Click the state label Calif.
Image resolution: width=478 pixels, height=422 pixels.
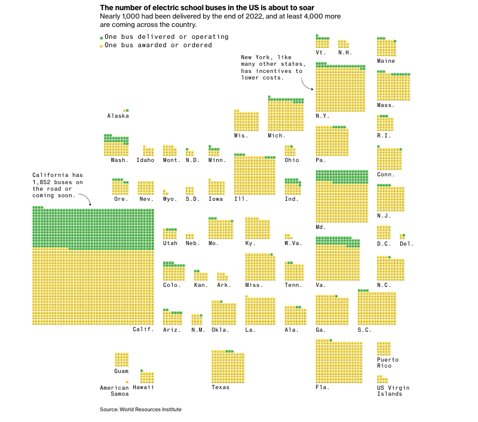(143, 329)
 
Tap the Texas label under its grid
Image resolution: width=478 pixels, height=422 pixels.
(220, 387)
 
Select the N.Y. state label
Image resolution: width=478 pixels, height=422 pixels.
(323, 116)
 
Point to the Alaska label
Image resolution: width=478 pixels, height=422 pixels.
(118, 116)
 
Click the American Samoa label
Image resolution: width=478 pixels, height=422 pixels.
(114, 391)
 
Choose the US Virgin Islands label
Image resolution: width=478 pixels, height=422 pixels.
(390, 391)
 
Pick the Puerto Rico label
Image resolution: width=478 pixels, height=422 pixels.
(388, 363)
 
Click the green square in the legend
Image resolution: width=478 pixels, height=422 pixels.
(102, 38)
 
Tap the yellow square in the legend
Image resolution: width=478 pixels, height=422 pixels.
(102, 46)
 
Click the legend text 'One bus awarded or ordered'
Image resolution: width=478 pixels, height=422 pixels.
(158, 45)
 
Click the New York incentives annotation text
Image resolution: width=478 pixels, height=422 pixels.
(272, 68)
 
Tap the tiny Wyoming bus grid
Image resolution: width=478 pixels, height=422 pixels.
(166, 192)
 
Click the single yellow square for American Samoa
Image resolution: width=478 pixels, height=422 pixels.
(127, 381)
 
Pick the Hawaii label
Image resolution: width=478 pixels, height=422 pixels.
(143, 387)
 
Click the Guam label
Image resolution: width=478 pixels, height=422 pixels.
(121, 371)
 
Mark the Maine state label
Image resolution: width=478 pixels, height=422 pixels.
(386, 61)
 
